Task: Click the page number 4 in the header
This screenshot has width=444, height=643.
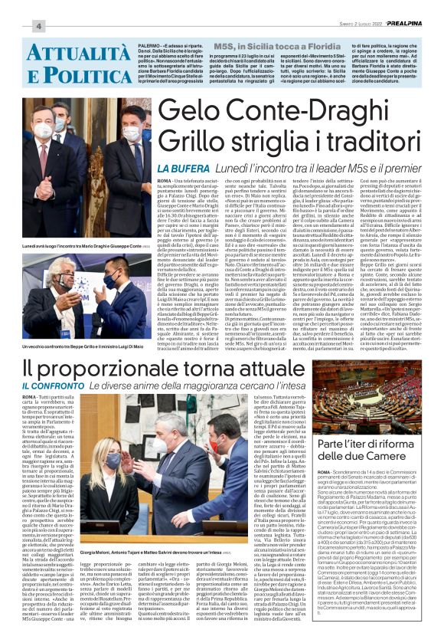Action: (x=38, y=27)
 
